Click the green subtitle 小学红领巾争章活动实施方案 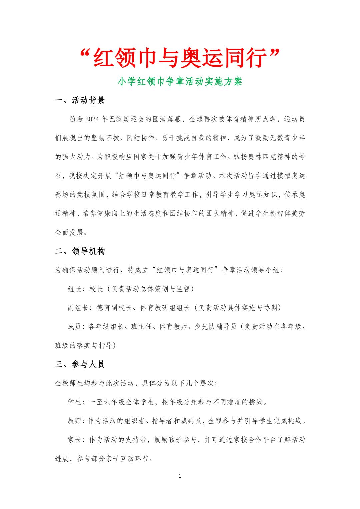coord(180,82)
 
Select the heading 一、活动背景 coord(80,101)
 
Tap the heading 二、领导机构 coord(80,251)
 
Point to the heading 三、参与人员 coord(80,364)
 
